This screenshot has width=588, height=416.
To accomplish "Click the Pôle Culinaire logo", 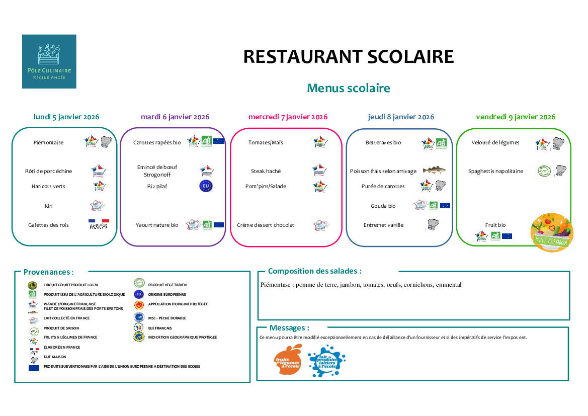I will coord(49,61).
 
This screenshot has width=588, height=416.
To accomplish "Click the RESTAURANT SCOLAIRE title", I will coord(348,56).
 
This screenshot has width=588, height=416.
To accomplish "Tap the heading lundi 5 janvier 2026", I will coord(66,117).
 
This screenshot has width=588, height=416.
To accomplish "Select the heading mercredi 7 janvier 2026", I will coord(288,117).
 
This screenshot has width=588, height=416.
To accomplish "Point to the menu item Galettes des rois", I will coord(48,225).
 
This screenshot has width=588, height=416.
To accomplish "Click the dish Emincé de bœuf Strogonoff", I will coord(157,171).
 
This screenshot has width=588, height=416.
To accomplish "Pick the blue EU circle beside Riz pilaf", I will coord(206,186).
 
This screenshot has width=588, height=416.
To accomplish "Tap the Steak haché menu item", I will coord(266,171).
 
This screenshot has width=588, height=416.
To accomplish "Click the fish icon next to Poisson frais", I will coord(434,171).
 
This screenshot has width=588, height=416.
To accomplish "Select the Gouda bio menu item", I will coord(383,206).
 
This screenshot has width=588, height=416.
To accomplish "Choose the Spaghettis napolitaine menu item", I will coord(495,171).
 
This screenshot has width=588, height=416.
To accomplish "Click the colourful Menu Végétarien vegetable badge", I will coord(552,232).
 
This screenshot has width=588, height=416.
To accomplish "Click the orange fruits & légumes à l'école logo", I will coord(288,360).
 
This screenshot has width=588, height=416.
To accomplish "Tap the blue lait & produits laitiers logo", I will coord(326,361).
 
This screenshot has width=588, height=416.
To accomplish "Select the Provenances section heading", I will coord(48,272).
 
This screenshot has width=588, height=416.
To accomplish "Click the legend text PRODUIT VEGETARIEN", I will coord(167,285).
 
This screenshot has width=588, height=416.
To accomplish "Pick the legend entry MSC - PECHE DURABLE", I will coord(167,318).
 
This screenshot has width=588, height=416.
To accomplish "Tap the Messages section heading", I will coord(289,328).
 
